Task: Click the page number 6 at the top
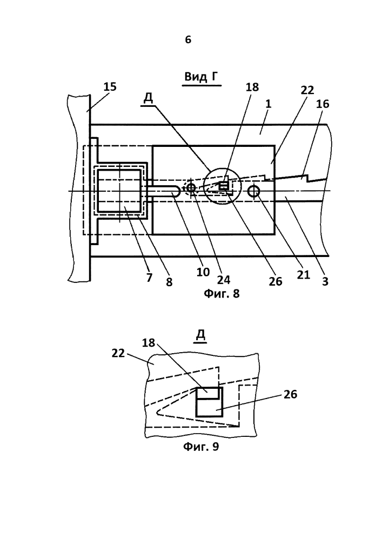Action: point(187,40)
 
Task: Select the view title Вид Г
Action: point(202,77)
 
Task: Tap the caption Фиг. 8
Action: point(222,294)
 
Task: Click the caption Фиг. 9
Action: point(201,447)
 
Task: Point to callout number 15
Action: point(110,87)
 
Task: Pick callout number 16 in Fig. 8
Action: point(323,104)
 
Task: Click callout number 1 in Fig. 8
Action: point(269,103)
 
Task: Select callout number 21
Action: point(304,274)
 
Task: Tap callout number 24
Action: point(224,280)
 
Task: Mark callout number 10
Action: point(203,272)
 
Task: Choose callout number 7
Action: point(149,278)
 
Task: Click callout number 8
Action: point(169,282)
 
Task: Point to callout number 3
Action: point(325,282)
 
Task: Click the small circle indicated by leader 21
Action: point(254,191)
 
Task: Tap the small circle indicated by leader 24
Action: point(191,187)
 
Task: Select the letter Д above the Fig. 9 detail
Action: point(200,335)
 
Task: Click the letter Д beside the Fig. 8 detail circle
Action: point(148,99)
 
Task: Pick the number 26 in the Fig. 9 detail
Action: point(290,394)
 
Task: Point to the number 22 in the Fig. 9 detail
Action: point(118,353)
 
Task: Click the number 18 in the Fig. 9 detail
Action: point(149,343)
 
